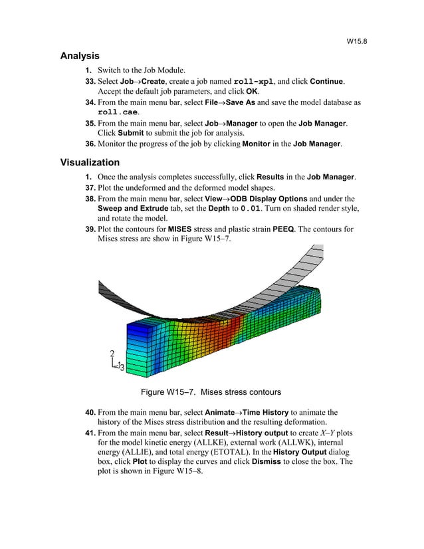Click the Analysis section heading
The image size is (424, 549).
80,56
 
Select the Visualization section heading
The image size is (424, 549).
90,162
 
